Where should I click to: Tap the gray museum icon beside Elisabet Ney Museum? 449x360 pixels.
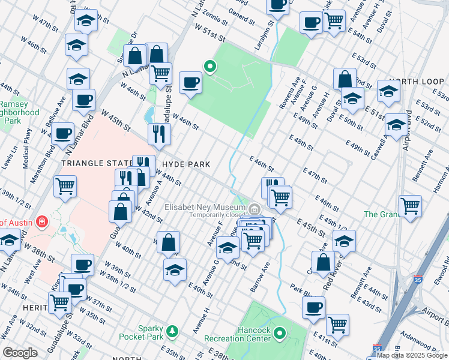click(x=255, y=209)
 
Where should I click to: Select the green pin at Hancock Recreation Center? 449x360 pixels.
click(x=280, y=332)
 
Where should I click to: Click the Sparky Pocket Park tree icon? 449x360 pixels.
click(x=173, y=331)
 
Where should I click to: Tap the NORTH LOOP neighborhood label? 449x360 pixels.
click(x=411, y=81)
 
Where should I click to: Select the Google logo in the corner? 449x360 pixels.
click(x=20, y=353)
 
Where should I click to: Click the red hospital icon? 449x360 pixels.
click(x=41, y=222)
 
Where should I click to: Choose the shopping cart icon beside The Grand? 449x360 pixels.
click(x=410, y=205)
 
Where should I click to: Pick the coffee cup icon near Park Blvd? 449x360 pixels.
click(x=312, y=308)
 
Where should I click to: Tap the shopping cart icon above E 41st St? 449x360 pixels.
click(x=338, y=324)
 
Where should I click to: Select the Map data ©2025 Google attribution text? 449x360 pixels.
click(x=412, y=355)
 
